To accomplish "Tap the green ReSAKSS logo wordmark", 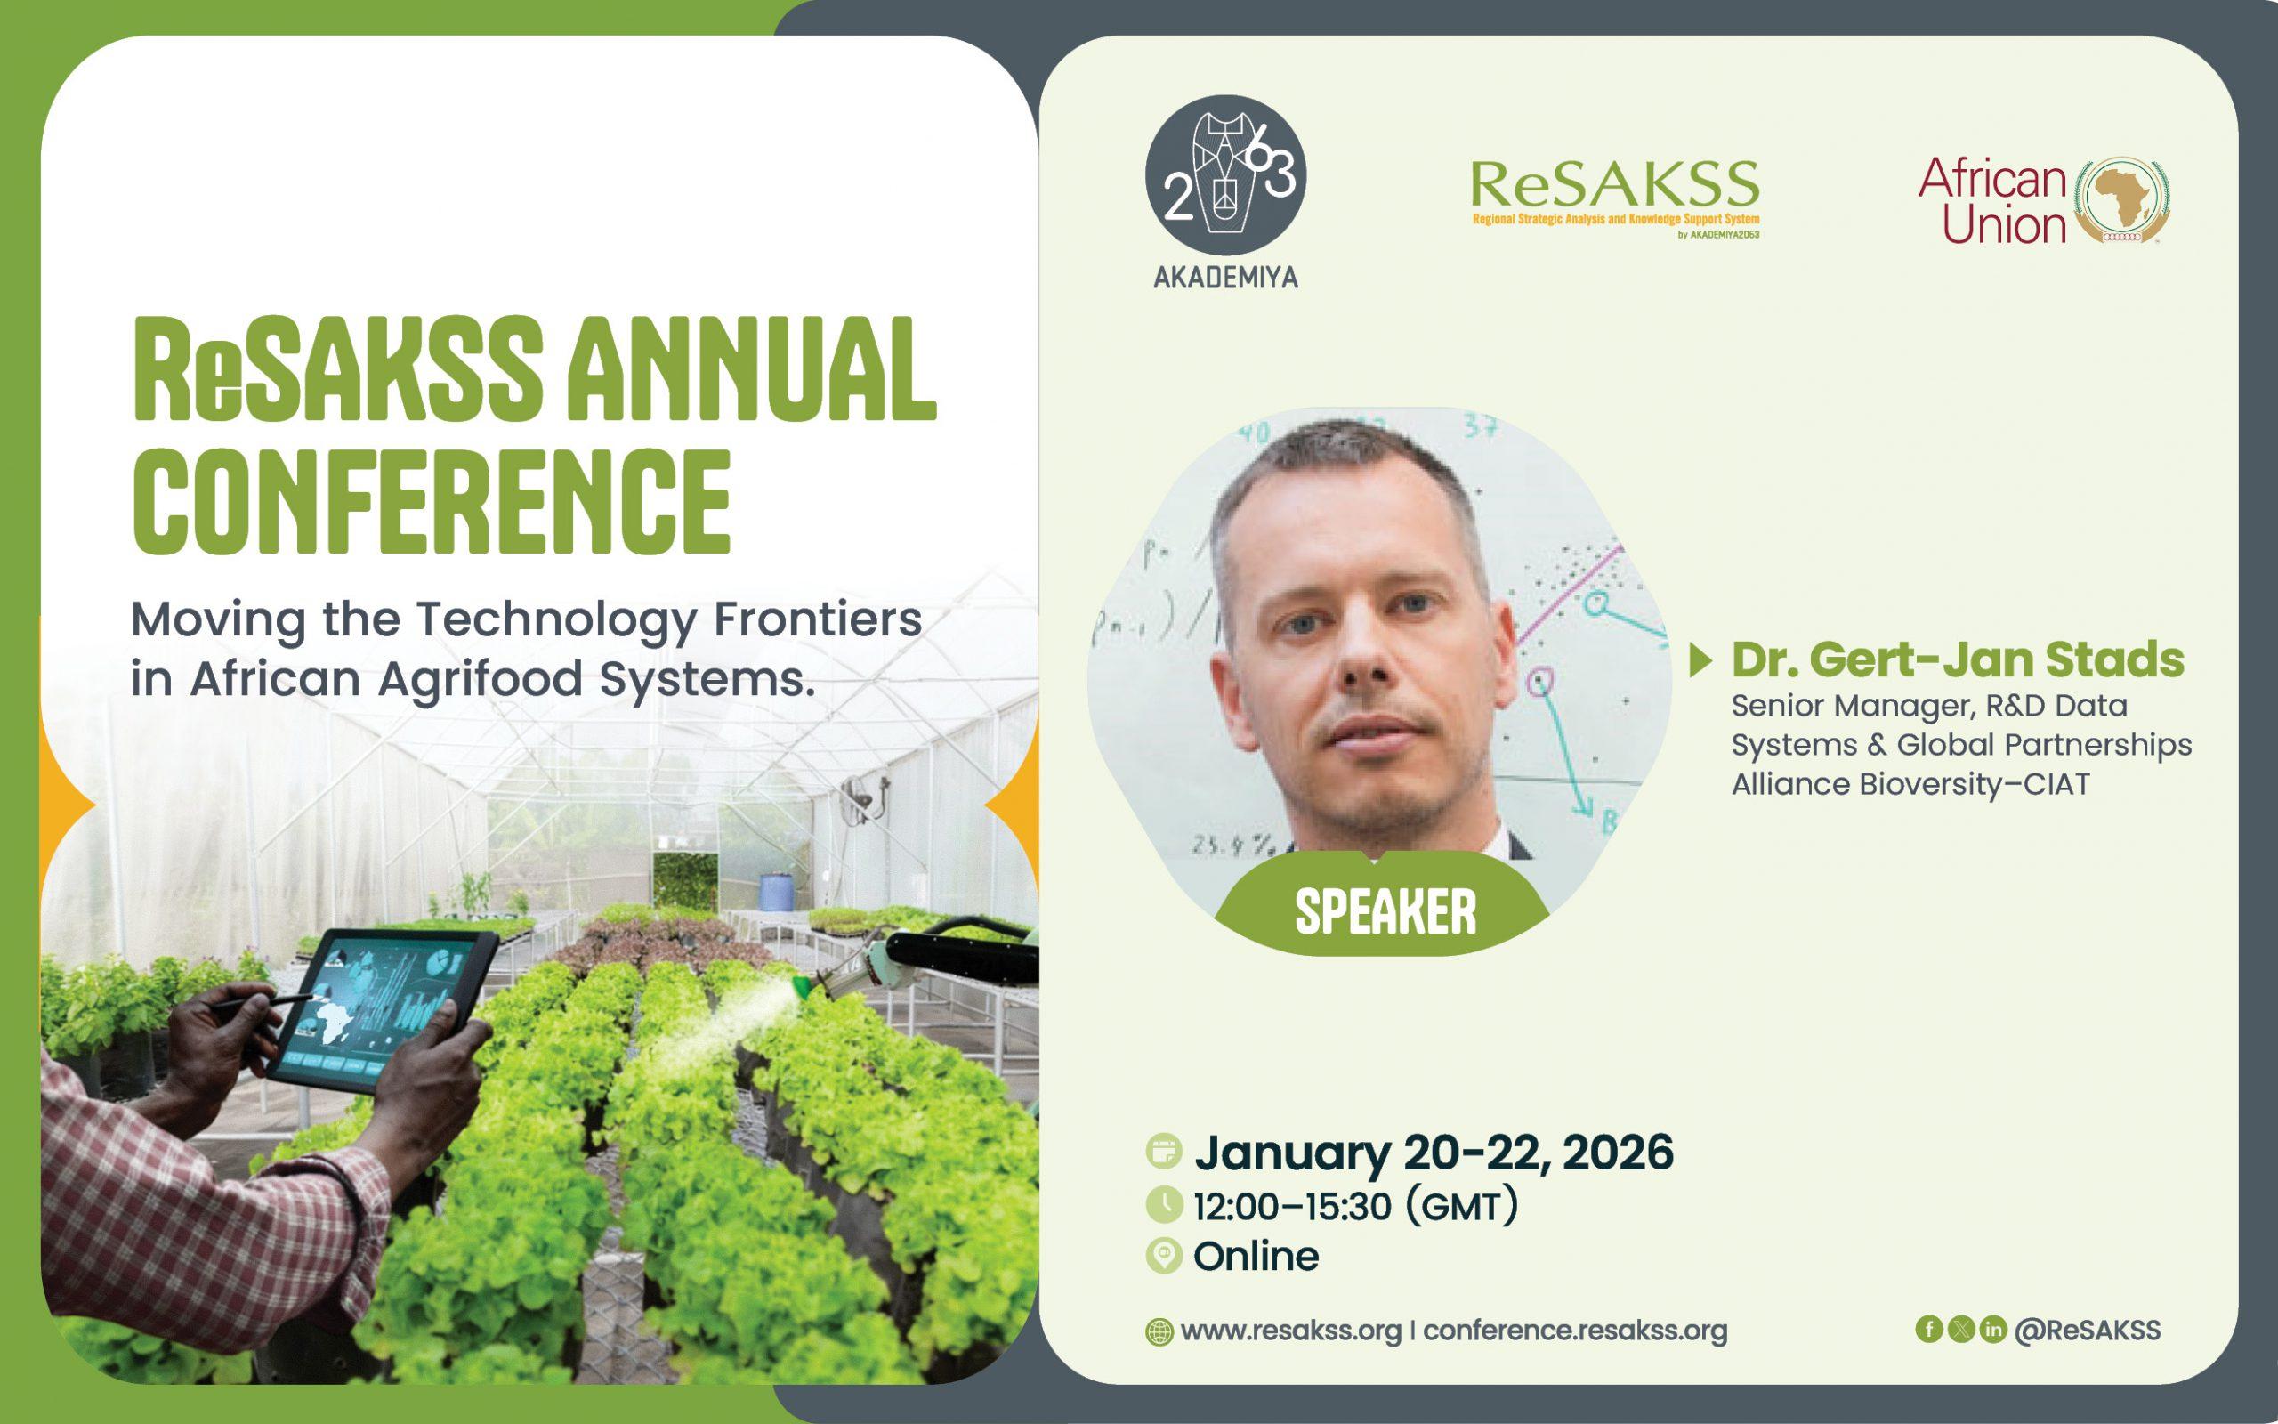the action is [x=1614, y=184].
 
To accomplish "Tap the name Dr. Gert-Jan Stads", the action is [x=1958, y=660].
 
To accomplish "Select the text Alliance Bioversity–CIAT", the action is [x=1910, y=783].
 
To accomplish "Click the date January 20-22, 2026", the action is [x=1434, y=1153].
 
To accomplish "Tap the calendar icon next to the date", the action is [x=1165, y=1152].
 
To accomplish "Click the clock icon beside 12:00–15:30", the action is [x=1165, y=1204].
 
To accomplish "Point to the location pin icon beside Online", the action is [x=1165, y=1257].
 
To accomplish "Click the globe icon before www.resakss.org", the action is [x=1159, y=1332].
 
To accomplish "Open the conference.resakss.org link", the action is [x=1575, y=1331].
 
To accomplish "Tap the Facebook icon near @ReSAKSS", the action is [x=1929, y=1329].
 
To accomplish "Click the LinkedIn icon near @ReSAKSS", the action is [x=1992, y=1329].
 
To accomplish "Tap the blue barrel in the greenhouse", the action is [x=774, y=892].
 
